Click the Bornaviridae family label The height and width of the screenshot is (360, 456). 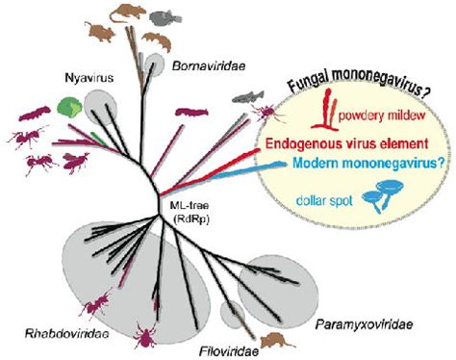pyautogui.click(x=209, y=66)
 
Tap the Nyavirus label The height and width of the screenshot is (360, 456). pyautogui.click(x=89, y=78)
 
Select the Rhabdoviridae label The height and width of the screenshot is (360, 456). pyautogui.click(x=66, y=334)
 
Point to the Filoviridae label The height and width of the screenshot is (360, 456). pyautogui.click(x=229, y=351)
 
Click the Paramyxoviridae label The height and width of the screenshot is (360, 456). pyautogui.click(x=364, y=324)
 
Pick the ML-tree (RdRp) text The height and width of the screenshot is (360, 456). pyautogui.click(x=190, y=213)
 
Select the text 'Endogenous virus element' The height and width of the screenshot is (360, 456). pyautogui.click(x=347, y=143)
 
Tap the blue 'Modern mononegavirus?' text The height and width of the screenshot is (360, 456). pyautogui.click(x=368, y=164)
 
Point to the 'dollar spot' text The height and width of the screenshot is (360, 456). pyautogui.click(x=324, y=201)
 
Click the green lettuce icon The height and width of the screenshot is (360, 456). pyautogui.click(x=70, y=108)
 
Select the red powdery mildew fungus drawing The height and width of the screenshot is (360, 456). pyautogui.click(x=324, y=110)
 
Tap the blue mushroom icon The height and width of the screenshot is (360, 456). pyautogui.click(x=382, y=195)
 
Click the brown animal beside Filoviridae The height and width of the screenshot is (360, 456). pyautogui.click(x=276, y=341)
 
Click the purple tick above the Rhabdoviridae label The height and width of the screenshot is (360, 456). pyautogui.click(x=145, y=335)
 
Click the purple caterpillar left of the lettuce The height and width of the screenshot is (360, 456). pyautogui.click(x=35, y=115)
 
